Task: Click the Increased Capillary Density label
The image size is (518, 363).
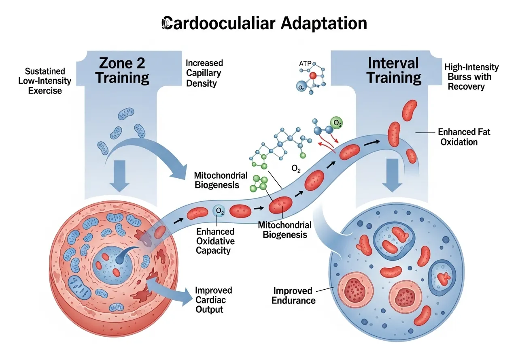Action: click(x=204, y=73)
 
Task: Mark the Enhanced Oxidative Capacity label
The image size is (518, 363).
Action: click(x=215, y=241)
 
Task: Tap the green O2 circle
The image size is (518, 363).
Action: click(x=336, y=123)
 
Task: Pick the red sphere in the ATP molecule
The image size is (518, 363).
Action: click(x=313, y=76)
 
